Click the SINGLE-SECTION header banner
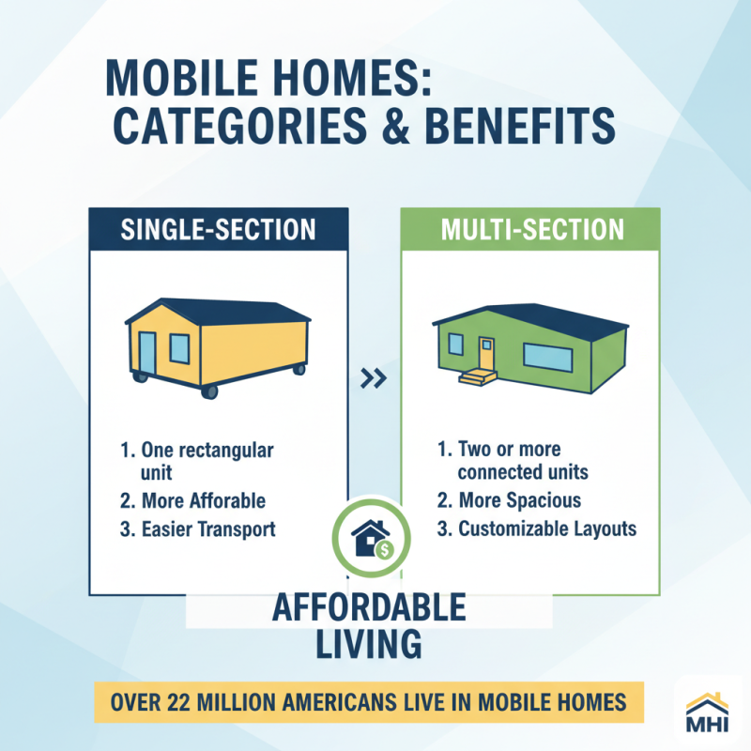pos(218,230)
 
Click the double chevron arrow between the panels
pos(374,379)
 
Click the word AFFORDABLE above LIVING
pos(368,608)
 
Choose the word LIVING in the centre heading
pos(368,645)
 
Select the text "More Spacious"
pos(520,500)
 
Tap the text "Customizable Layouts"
pos(547,529)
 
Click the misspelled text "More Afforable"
pos(204,500)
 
